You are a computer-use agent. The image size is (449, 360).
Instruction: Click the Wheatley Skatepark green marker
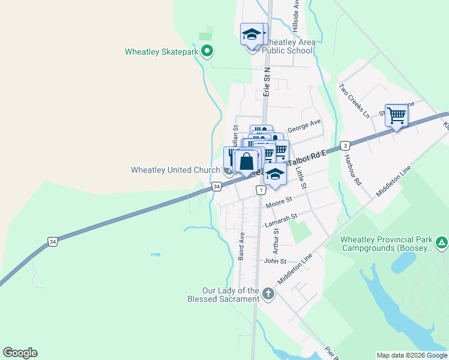(x=207, y=51)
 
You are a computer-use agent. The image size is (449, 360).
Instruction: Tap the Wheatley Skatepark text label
(x=161, y=52)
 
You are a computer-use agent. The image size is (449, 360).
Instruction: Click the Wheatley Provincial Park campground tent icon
(x=442, y=243)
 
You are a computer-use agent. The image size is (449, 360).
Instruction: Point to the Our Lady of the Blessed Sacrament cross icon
(x=268, y=294)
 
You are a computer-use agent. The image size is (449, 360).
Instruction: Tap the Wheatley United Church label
(x=175, y=170)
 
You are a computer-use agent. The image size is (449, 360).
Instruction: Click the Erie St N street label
(x=267, y=82)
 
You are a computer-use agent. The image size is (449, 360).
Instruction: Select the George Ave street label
(x=304, y=125)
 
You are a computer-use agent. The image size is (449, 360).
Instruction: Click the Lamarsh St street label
(x=281, y=220)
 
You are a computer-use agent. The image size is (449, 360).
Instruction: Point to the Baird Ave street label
(x=241, y=247)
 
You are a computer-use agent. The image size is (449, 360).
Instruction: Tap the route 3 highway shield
(x=345, y=145)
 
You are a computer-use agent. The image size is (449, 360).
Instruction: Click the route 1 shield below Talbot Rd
(x=261, y=190)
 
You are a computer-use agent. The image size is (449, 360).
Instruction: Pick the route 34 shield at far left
(x=53, y=242)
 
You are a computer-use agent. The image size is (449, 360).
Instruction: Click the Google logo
(x=20, y=353)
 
